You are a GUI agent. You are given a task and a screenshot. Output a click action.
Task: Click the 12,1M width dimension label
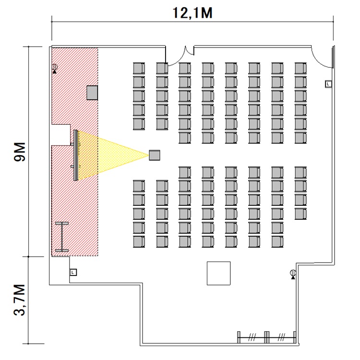tap(192, 13)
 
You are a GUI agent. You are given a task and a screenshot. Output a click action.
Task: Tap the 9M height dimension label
tap(20, 152)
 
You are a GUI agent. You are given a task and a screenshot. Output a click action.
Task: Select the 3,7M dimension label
tap(20, 300)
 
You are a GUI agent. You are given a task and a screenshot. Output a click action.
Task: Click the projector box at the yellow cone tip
tap(155, 155)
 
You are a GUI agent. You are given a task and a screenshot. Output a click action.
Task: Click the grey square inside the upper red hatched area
tap(92, 93)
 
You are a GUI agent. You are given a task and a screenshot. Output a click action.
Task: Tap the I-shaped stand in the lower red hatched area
tap(62, 237)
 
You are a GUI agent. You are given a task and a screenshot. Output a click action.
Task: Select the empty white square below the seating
tap(218, 273)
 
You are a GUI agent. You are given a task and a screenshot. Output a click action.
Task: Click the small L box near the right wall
tap(328, 84)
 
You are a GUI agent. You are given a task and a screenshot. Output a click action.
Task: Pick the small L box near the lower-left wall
tap(73, 272)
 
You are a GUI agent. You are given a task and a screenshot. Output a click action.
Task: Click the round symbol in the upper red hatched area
tap(55, 68)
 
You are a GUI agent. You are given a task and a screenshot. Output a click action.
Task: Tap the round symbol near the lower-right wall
tap(293, 274)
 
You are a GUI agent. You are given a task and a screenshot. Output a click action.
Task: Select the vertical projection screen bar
tap(76, 155)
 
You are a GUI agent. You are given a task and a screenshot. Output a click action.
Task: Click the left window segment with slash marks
tap(252, 337)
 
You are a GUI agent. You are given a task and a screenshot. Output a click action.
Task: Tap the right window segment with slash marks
tap(281, 337)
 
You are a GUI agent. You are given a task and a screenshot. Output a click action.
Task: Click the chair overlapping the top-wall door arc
tap(162, 69)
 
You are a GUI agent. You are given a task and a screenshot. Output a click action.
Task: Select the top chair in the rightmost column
tap(300, 69)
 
